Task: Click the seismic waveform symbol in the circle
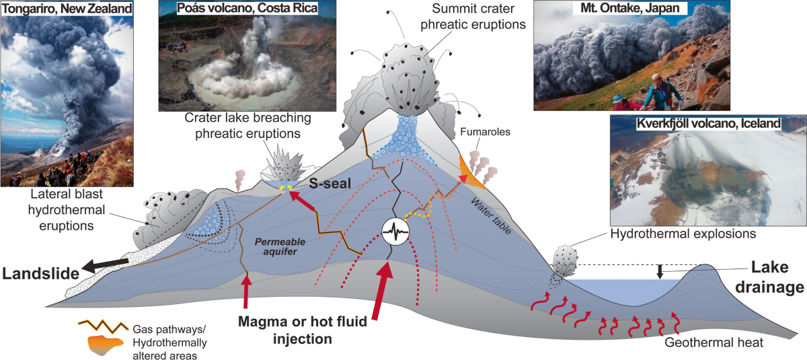pos(395,231)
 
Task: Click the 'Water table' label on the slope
pos(492,216)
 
